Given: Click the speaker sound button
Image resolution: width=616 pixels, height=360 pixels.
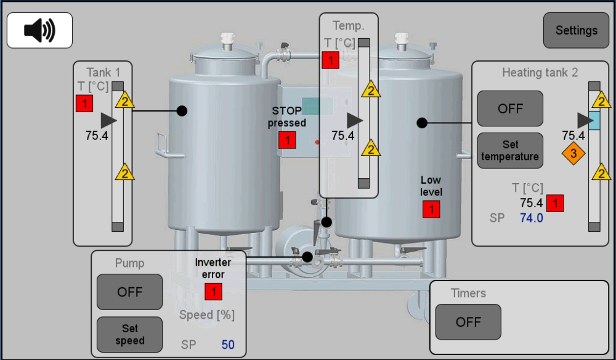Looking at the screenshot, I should click(x=39, y=30).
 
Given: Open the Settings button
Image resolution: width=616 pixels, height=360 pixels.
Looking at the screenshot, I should click(x=576, y=30).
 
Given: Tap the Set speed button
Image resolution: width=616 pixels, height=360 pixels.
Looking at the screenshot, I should click(x=129, y=335).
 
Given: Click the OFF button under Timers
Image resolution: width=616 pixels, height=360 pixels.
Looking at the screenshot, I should click(x=468, y=322).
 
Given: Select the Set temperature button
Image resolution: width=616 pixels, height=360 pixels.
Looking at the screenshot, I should click(x=510, y=150).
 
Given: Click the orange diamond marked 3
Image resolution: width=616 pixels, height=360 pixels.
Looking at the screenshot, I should click(x=573, y=153).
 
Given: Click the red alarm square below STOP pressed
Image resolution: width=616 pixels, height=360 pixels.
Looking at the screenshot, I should click(x=287, y=141).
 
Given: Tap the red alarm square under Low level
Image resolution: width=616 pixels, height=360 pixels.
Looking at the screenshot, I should click(x=431, y=210).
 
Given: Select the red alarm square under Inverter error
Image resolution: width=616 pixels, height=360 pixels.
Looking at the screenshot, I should click(x=213, y=292).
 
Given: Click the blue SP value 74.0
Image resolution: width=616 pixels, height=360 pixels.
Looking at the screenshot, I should click(x=532, y=218).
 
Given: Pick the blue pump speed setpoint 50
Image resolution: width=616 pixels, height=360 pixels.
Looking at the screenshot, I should click(x=228, y=345).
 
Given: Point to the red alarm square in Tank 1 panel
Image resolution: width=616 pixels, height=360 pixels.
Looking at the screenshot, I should click(x=84, y=103).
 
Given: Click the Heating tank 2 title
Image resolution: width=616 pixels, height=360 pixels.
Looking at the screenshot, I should click(x=540, y=73).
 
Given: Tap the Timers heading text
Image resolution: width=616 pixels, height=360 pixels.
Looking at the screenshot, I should click(x=468, y=293).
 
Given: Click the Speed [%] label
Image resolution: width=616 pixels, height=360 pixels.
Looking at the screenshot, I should click(x=207, y=315).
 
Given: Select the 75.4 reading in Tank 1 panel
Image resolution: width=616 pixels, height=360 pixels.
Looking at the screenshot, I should click(x=97, y=135).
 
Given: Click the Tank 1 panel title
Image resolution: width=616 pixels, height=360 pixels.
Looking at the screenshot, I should click(x=103, y=72).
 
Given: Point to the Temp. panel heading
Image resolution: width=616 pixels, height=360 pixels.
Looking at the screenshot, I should click(x=348, y=25).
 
